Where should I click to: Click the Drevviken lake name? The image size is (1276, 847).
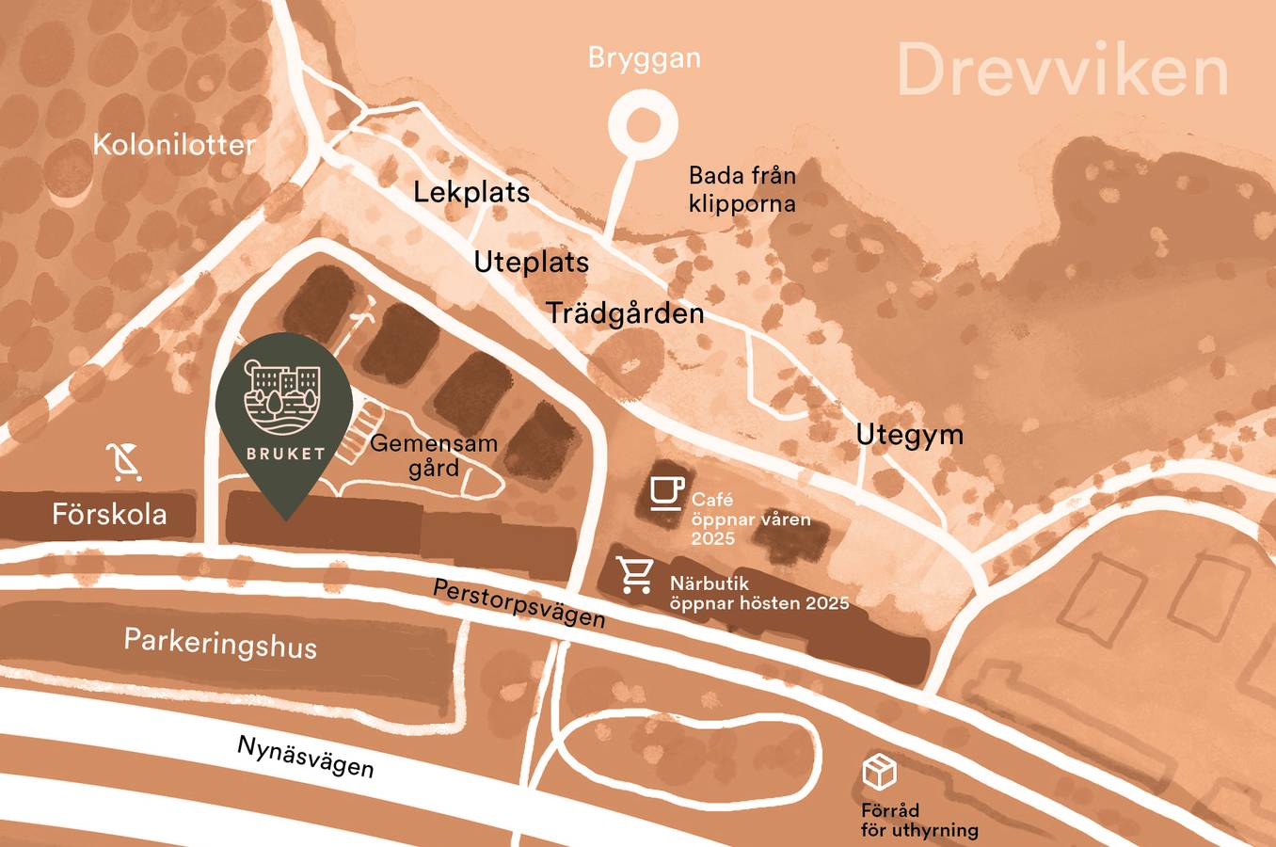pos(1062,71)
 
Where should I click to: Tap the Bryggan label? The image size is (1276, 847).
pos(644,58)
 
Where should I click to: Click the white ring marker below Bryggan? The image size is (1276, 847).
pos(642,123)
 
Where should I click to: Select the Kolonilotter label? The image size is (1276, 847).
pos(174,145)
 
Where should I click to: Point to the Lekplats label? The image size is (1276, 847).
pos(471,192)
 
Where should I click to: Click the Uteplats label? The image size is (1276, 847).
pos(531,262)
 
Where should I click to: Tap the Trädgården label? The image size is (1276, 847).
pos(625,312)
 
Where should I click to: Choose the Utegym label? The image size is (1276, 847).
pos(909,435)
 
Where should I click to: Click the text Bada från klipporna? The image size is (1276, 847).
pos(742,189)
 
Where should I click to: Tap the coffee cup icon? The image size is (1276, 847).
pos(666,492)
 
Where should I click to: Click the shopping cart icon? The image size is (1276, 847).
pos(635,574)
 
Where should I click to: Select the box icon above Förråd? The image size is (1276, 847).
pos(879,772)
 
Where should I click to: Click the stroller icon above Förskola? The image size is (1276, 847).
pos(123,461)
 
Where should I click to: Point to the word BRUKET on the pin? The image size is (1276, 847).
pos(285,454)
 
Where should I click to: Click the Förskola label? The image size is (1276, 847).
pos(109,514)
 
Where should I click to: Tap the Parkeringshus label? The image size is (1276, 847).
pos(220,644)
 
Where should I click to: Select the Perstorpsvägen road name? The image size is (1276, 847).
pos(518,603)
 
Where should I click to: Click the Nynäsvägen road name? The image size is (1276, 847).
pos(305,756)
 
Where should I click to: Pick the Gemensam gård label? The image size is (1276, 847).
pos(434,455)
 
